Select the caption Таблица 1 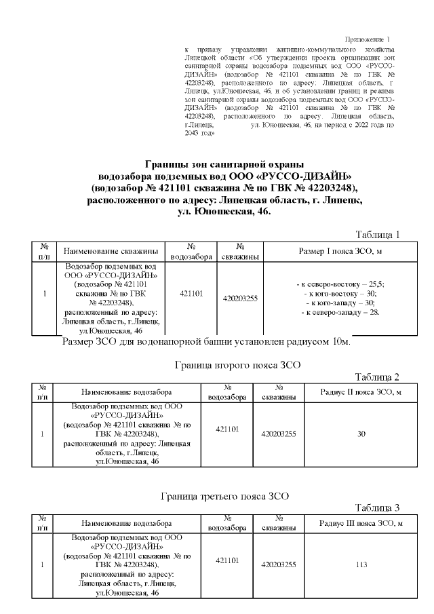378,235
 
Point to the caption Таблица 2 378,377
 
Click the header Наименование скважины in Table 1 111,251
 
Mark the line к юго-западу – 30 341,303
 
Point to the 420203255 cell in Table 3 278,564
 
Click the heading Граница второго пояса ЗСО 228,365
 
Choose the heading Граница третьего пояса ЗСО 225,496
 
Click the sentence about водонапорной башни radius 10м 206,341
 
